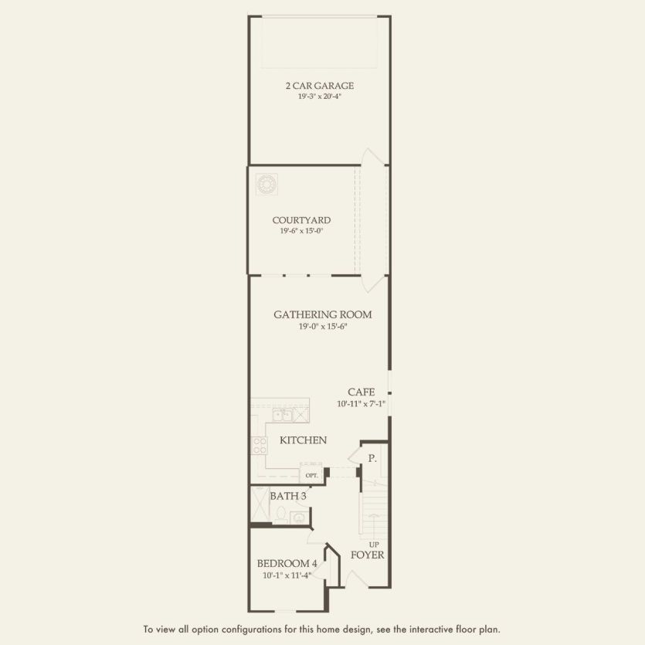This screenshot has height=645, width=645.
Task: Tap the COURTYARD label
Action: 301,220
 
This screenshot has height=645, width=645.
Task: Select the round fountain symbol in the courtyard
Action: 267,184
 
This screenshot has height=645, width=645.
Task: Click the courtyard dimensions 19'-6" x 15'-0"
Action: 301,231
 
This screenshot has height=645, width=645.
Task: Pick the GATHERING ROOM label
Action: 322,314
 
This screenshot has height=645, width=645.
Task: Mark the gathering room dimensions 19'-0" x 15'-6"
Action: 322,326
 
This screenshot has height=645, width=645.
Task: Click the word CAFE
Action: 361,392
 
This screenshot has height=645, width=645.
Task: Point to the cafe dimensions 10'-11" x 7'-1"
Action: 361,404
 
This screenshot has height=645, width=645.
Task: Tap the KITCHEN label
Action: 303,440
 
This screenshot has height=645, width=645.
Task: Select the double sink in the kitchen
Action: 282,416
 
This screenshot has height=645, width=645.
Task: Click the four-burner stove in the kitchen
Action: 258,446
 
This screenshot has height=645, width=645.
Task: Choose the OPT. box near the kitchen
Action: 311,475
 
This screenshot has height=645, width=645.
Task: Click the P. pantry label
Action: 372,458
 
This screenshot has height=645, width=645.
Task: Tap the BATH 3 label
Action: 287,496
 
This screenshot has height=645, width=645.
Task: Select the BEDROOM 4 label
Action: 287,563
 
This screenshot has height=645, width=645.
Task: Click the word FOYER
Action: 367,555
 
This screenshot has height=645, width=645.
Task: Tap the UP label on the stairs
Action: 373,544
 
